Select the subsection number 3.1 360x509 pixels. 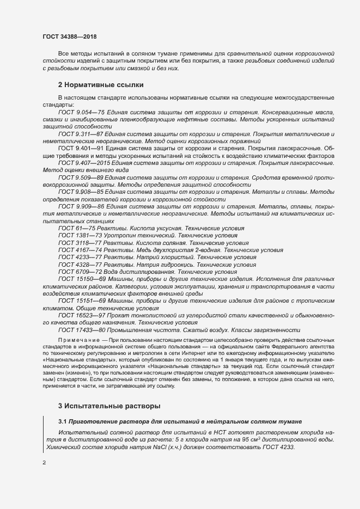(x=63, y=422)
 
